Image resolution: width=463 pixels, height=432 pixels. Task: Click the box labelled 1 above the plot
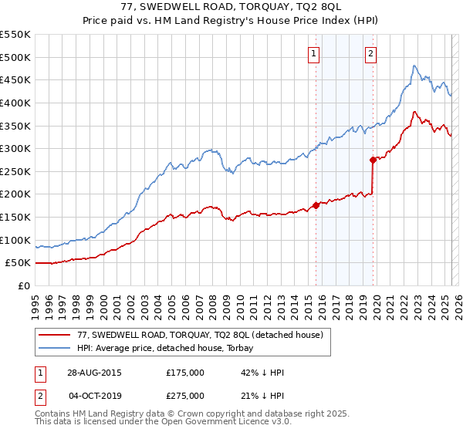tap(315, 53)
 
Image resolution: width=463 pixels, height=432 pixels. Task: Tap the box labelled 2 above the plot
tap(371, 53)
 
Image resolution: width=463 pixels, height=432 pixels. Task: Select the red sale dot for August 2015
tap(316, 205)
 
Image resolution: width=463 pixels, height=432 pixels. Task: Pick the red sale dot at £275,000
tap(373, 160)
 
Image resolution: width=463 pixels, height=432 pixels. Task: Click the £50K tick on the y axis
tap(19, 262)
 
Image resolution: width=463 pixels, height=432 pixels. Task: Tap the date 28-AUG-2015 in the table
tap(94, 373)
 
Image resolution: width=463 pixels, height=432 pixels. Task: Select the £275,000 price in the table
tap(185, 396)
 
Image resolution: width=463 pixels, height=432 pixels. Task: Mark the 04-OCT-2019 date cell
tap(94, 396)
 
